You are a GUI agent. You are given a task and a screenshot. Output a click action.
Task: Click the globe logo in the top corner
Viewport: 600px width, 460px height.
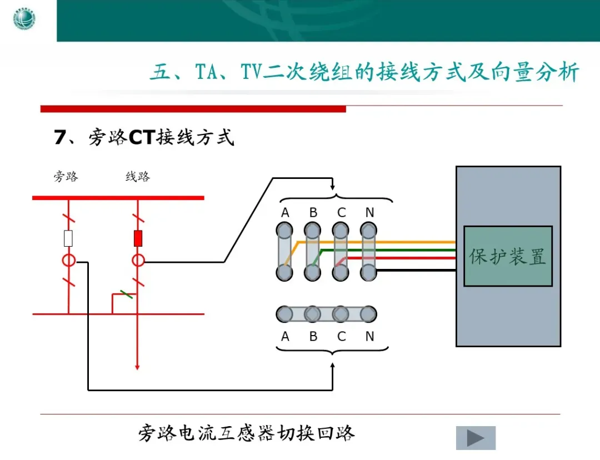(24, 20)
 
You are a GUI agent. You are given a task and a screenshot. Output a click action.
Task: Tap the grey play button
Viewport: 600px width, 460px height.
(476, 438)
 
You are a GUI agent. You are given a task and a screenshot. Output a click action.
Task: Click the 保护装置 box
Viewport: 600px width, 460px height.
(508, 256)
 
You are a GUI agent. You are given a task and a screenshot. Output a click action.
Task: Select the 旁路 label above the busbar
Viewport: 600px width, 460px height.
(66, 177)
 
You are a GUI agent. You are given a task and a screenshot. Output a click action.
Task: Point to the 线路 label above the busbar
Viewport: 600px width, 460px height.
(137, 177)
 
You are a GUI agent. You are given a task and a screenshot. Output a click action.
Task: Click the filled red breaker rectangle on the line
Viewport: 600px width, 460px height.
(138, 238)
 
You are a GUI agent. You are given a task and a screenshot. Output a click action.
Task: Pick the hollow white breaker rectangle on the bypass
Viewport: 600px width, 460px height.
(68, 238)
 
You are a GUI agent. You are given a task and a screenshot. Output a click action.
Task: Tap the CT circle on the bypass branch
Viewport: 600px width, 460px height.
(68, 261)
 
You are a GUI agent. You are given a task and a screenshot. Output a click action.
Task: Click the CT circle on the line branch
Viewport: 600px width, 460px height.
(138, 261)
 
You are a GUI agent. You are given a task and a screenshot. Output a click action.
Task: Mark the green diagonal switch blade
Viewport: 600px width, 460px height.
(126, 294)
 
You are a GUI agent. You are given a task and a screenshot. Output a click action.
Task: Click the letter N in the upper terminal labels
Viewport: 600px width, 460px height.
(369, 213)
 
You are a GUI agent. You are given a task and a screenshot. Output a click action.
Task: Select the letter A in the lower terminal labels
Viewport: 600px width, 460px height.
(285, 337)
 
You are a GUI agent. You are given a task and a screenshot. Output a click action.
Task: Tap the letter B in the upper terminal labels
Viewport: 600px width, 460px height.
(313, 213)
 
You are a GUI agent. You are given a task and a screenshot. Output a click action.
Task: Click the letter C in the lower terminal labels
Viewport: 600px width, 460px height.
(341, 337)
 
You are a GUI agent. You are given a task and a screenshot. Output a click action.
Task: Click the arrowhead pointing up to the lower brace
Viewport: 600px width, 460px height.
(332, 366)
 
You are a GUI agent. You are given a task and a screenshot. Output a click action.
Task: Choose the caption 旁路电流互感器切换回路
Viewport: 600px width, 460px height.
(246, 433)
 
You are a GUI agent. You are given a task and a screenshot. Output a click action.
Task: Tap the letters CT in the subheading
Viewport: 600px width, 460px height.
(141, 137)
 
